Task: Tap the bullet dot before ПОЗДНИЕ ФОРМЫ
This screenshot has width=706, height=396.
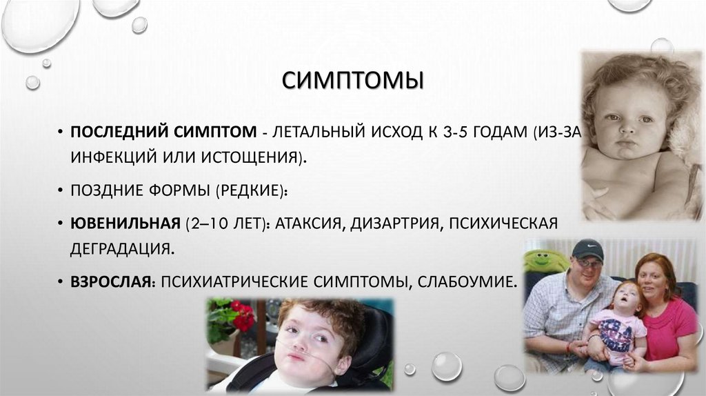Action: (x=61, y=190)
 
